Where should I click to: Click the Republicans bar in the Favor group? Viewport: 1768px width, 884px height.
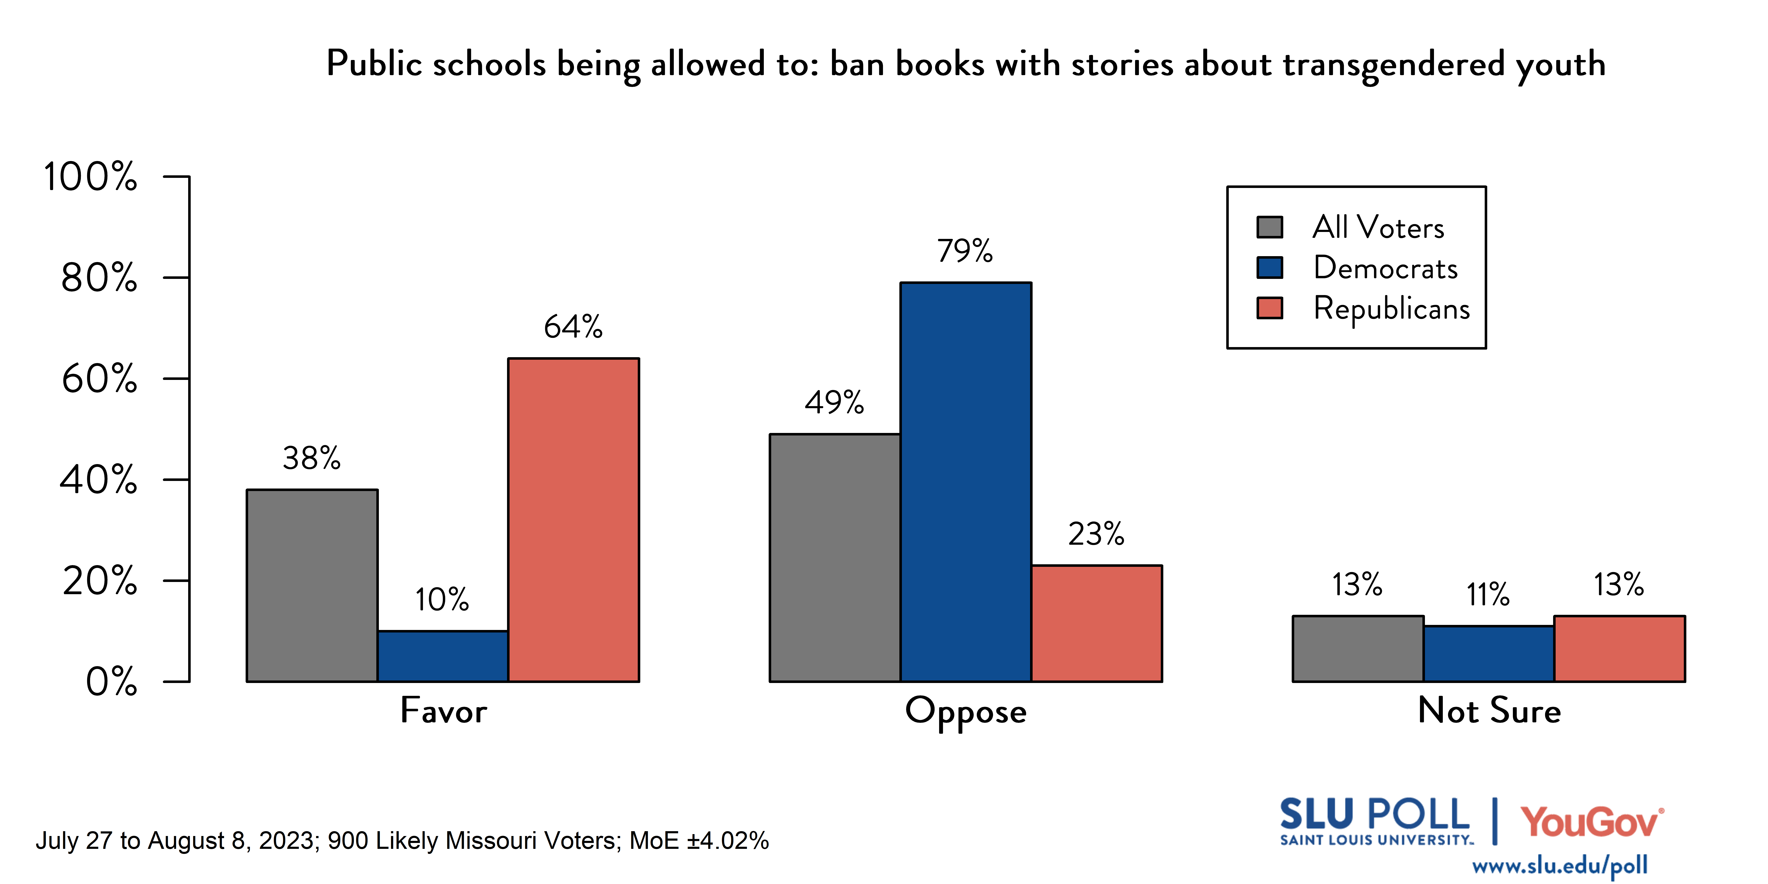(574, 519)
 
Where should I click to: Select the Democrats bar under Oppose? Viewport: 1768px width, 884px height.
(966, 482)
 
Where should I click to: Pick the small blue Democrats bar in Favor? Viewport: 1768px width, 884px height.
(443, 656)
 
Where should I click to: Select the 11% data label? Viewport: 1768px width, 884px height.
(1488, 594)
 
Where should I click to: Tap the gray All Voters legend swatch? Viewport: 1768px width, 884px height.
(1270, 227)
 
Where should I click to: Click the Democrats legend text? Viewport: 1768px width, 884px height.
(1385, 268)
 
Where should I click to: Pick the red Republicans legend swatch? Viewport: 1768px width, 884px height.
(1270, 308)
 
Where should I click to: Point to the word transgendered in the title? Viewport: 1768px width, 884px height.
(1393, 65)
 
